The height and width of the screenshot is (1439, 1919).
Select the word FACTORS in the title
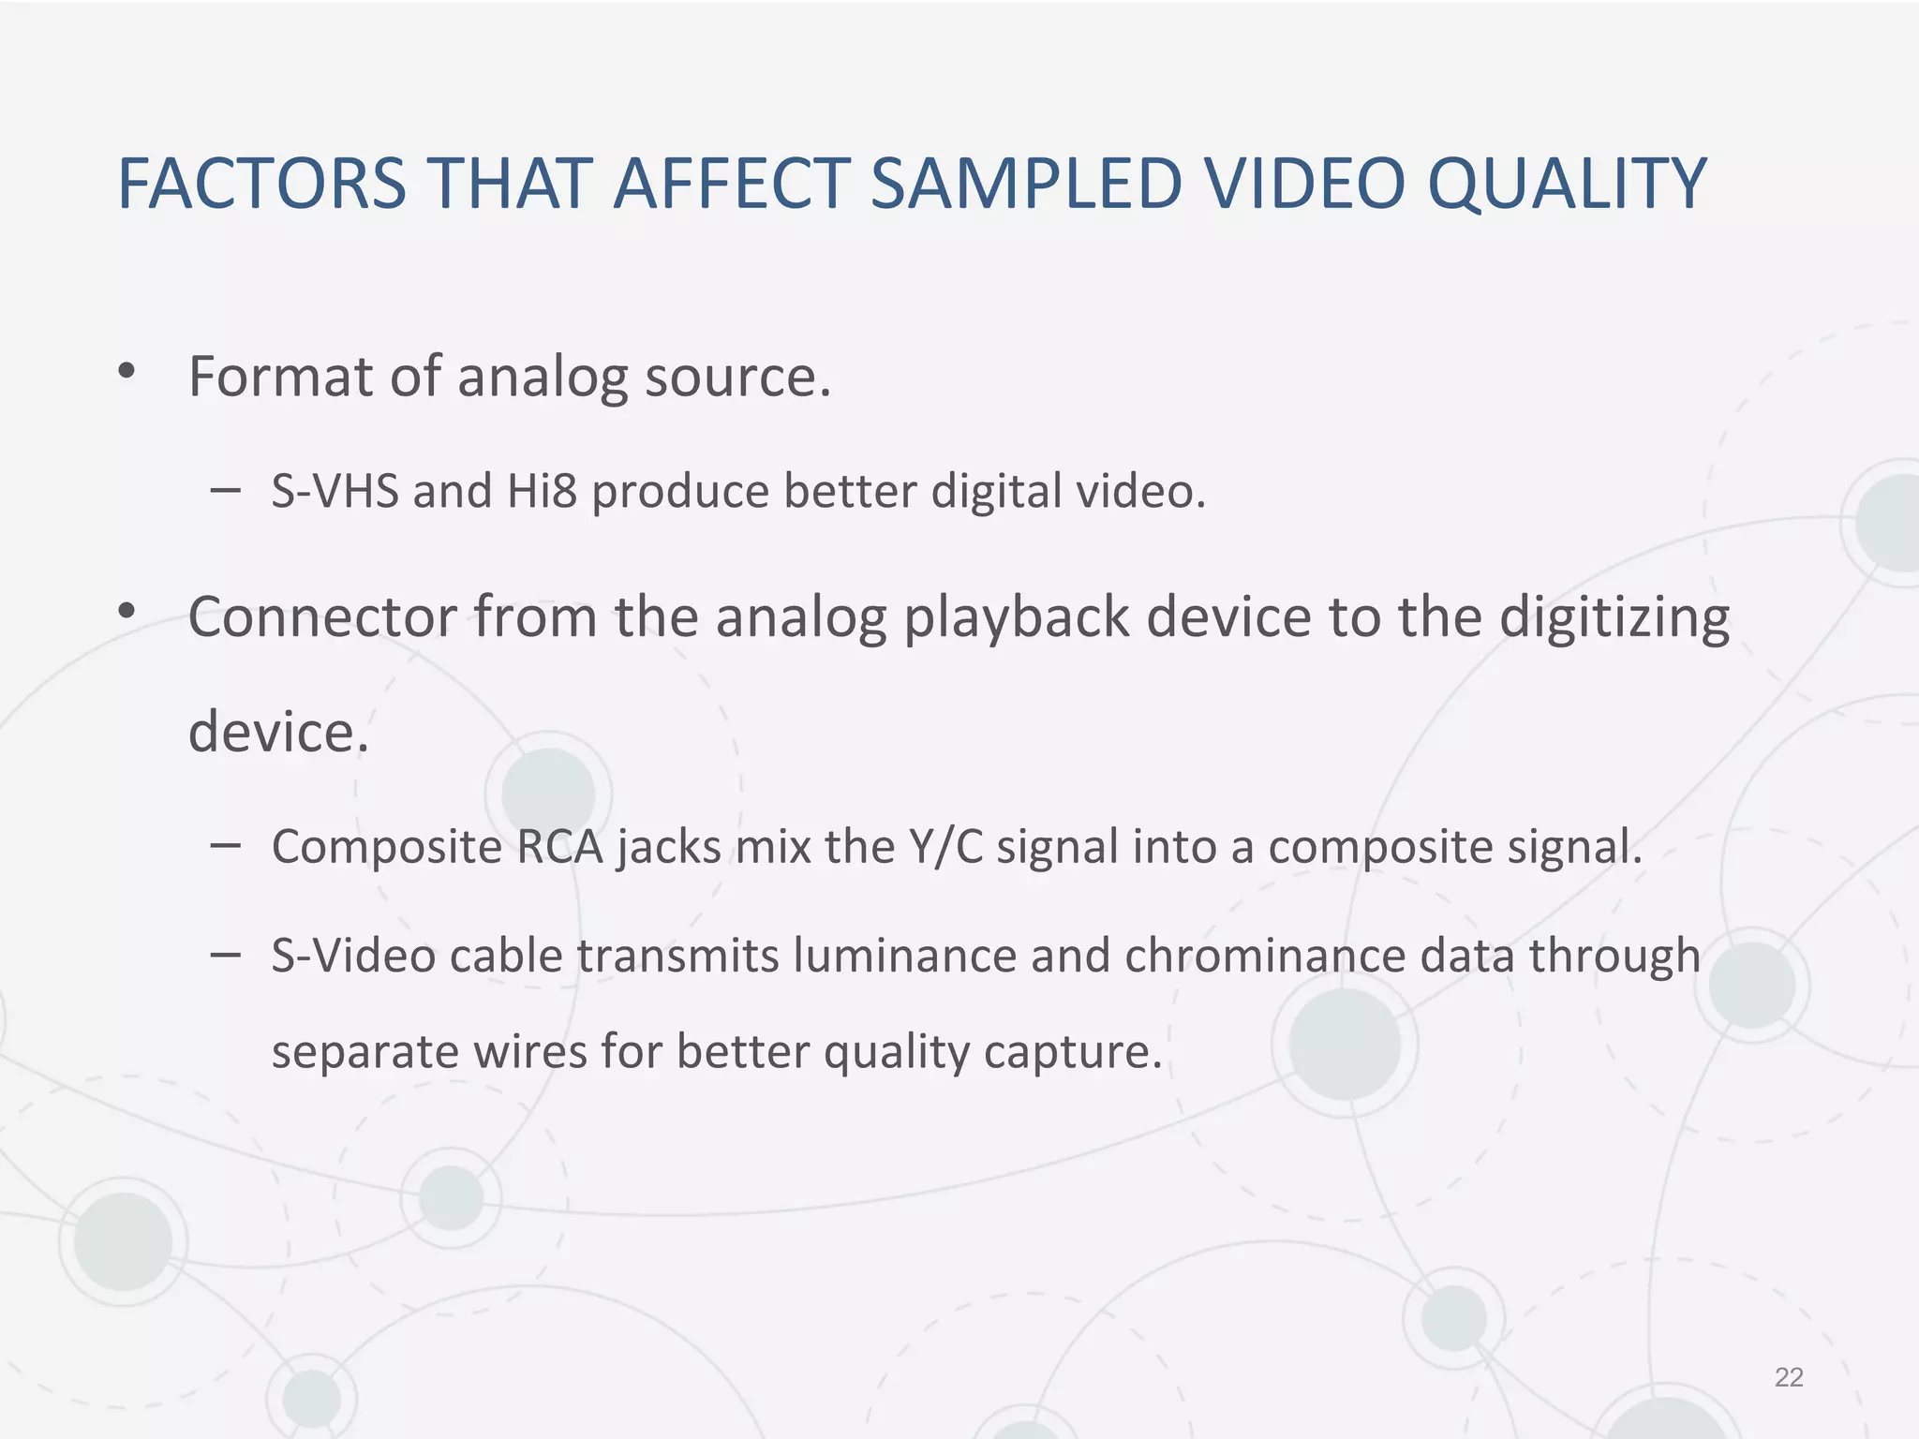click(261, 184)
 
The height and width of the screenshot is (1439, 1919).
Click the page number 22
click(1789, 1377)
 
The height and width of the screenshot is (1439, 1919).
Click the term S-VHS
click(335, 491)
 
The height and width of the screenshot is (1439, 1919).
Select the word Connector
click(321, 617)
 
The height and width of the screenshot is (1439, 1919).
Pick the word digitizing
click(1614, 619)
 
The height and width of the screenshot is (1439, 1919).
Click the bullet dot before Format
click(126, 372)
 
